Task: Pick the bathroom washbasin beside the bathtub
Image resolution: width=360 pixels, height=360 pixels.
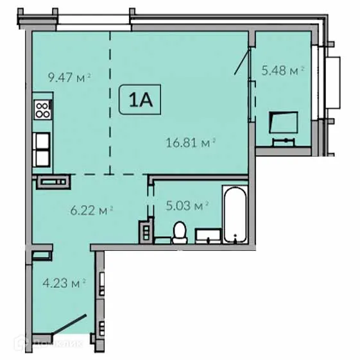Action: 207,236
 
